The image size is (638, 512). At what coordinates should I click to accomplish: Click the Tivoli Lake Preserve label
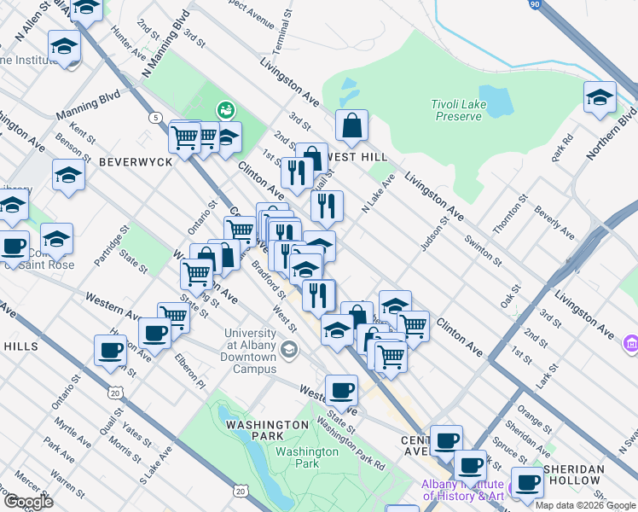coord(458,110)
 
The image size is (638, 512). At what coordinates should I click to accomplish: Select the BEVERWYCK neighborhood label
coord(130,160)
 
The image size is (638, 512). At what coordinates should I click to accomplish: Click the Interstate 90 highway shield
coord(533,5)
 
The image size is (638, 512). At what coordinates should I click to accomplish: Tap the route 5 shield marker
coord(155,117)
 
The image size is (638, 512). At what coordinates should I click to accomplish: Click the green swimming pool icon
coord(225,109)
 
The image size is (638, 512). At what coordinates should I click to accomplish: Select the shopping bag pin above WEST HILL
coord(351,127)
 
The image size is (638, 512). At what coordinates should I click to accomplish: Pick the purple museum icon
coord(630,343)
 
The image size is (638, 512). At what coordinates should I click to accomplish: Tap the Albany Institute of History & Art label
coord(463,490)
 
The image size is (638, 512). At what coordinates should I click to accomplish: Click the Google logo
coord(28,502)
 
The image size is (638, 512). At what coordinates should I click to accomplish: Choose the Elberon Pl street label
coord(188,372)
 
